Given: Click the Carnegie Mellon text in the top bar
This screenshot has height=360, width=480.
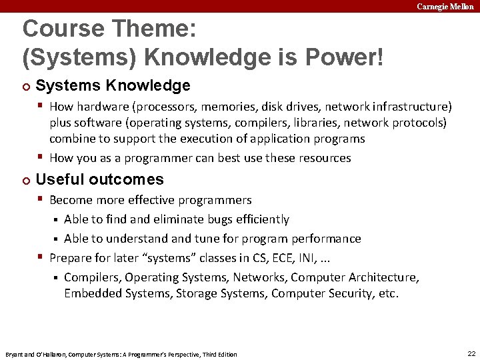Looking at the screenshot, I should (x=445, y=6).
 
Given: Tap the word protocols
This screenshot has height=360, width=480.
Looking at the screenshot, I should (x=420, y=123).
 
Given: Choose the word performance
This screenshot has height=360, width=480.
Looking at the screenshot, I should (x=328, y=239).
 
